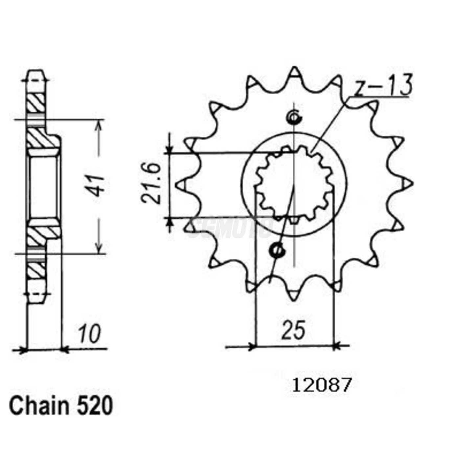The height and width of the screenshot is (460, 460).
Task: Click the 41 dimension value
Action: [98, 186]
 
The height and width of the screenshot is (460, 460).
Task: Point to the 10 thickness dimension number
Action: [89, 334]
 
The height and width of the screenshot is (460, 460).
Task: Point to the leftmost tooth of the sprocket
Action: [182, 185]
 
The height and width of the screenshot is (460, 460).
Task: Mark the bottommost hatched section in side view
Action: [36, 270]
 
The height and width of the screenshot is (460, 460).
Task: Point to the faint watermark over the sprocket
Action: [230, 227]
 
